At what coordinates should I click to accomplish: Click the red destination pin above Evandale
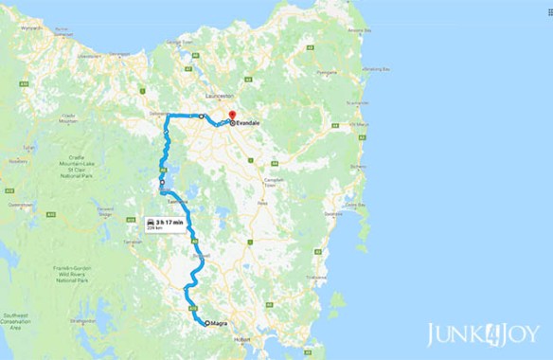click(x=231, y=116)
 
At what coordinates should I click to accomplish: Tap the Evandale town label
click(x=248, y=123)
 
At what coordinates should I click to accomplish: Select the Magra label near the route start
click(x=221, y=324)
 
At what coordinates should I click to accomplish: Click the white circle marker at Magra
click(x=206, y=324)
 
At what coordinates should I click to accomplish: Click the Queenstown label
click(x=21, y=204)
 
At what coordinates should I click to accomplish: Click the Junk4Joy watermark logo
click(x=482, y=333)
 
